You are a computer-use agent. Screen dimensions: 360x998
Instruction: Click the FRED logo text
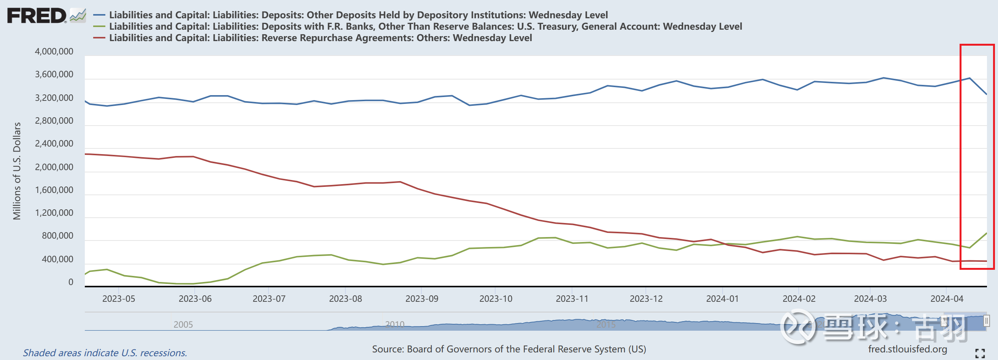37,16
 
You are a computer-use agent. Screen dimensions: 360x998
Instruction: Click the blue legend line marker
99,15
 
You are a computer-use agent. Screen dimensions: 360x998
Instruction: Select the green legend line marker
99,26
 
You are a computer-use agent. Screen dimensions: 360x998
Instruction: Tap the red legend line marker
99,38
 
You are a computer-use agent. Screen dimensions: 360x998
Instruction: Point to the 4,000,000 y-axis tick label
54,51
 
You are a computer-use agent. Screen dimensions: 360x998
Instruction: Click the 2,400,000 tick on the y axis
54,144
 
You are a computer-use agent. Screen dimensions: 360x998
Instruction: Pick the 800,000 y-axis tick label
57,236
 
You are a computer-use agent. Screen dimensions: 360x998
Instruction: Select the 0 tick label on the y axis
70,282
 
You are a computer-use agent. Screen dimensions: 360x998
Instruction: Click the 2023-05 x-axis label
119,299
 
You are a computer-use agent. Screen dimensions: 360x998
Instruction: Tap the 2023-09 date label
421,299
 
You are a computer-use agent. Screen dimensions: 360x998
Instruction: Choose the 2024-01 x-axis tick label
722,299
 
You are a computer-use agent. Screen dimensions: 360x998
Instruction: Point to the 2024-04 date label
947,299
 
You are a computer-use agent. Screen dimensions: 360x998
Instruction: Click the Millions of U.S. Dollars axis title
17,171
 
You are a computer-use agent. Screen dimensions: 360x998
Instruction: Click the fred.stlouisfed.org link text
907,349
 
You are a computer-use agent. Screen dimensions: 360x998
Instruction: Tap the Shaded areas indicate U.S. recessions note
105,353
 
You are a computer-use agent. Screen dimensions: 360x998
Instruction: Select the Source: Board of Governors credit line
509,349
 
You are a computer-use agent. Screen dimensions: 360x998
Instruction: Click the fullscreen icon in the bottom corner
980,353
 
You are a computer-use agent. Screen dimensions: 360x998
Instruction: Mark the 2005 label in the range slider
183,324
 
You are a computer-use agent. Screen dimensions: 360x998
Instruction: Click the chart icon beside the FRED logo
78,16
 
